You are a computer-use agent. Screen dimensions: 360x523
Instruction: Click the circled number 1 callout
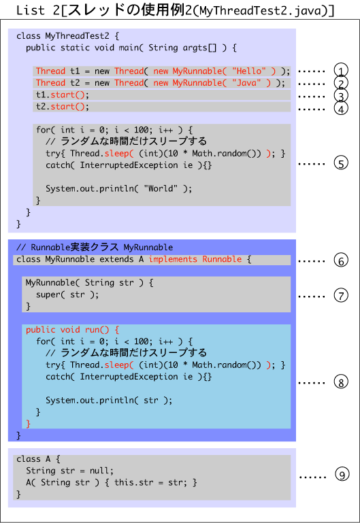point(341,70)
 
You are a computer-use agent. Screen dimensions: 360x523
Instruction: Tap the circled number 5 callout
point(341,163)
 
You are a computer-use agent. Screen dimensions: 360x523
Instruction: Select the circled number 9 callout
point(342,475)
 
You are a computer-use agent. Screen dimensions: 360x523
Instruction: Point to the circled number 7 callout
point(341,295)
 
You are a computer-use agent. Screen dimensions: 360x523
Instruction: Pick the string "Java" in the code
point(246,83)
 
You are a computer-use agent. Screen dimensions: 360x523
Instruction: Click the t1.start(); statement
point(63,95)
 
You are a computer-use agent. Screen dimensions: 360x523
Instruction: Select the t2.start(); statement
point(63,107)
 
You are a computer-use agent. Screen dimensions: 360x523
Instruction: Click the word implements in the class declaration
point(173,259)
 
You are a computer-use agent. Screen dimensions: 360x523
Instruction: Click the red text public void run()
point(67,330)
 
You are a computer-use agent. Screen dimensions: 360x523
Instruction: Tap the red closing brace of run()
point(29,424)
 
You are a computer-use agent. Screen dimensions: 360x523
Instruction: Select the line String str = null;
point(69,471)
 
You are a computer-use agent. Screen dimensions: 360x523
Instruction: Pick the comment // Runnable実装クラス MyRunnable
point(95,247)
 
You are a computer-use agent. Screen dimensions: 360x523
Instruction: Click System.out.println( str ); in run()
point(109,401)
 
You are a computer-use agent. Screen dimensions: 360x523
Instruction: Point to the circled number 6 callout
point(341,260)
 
